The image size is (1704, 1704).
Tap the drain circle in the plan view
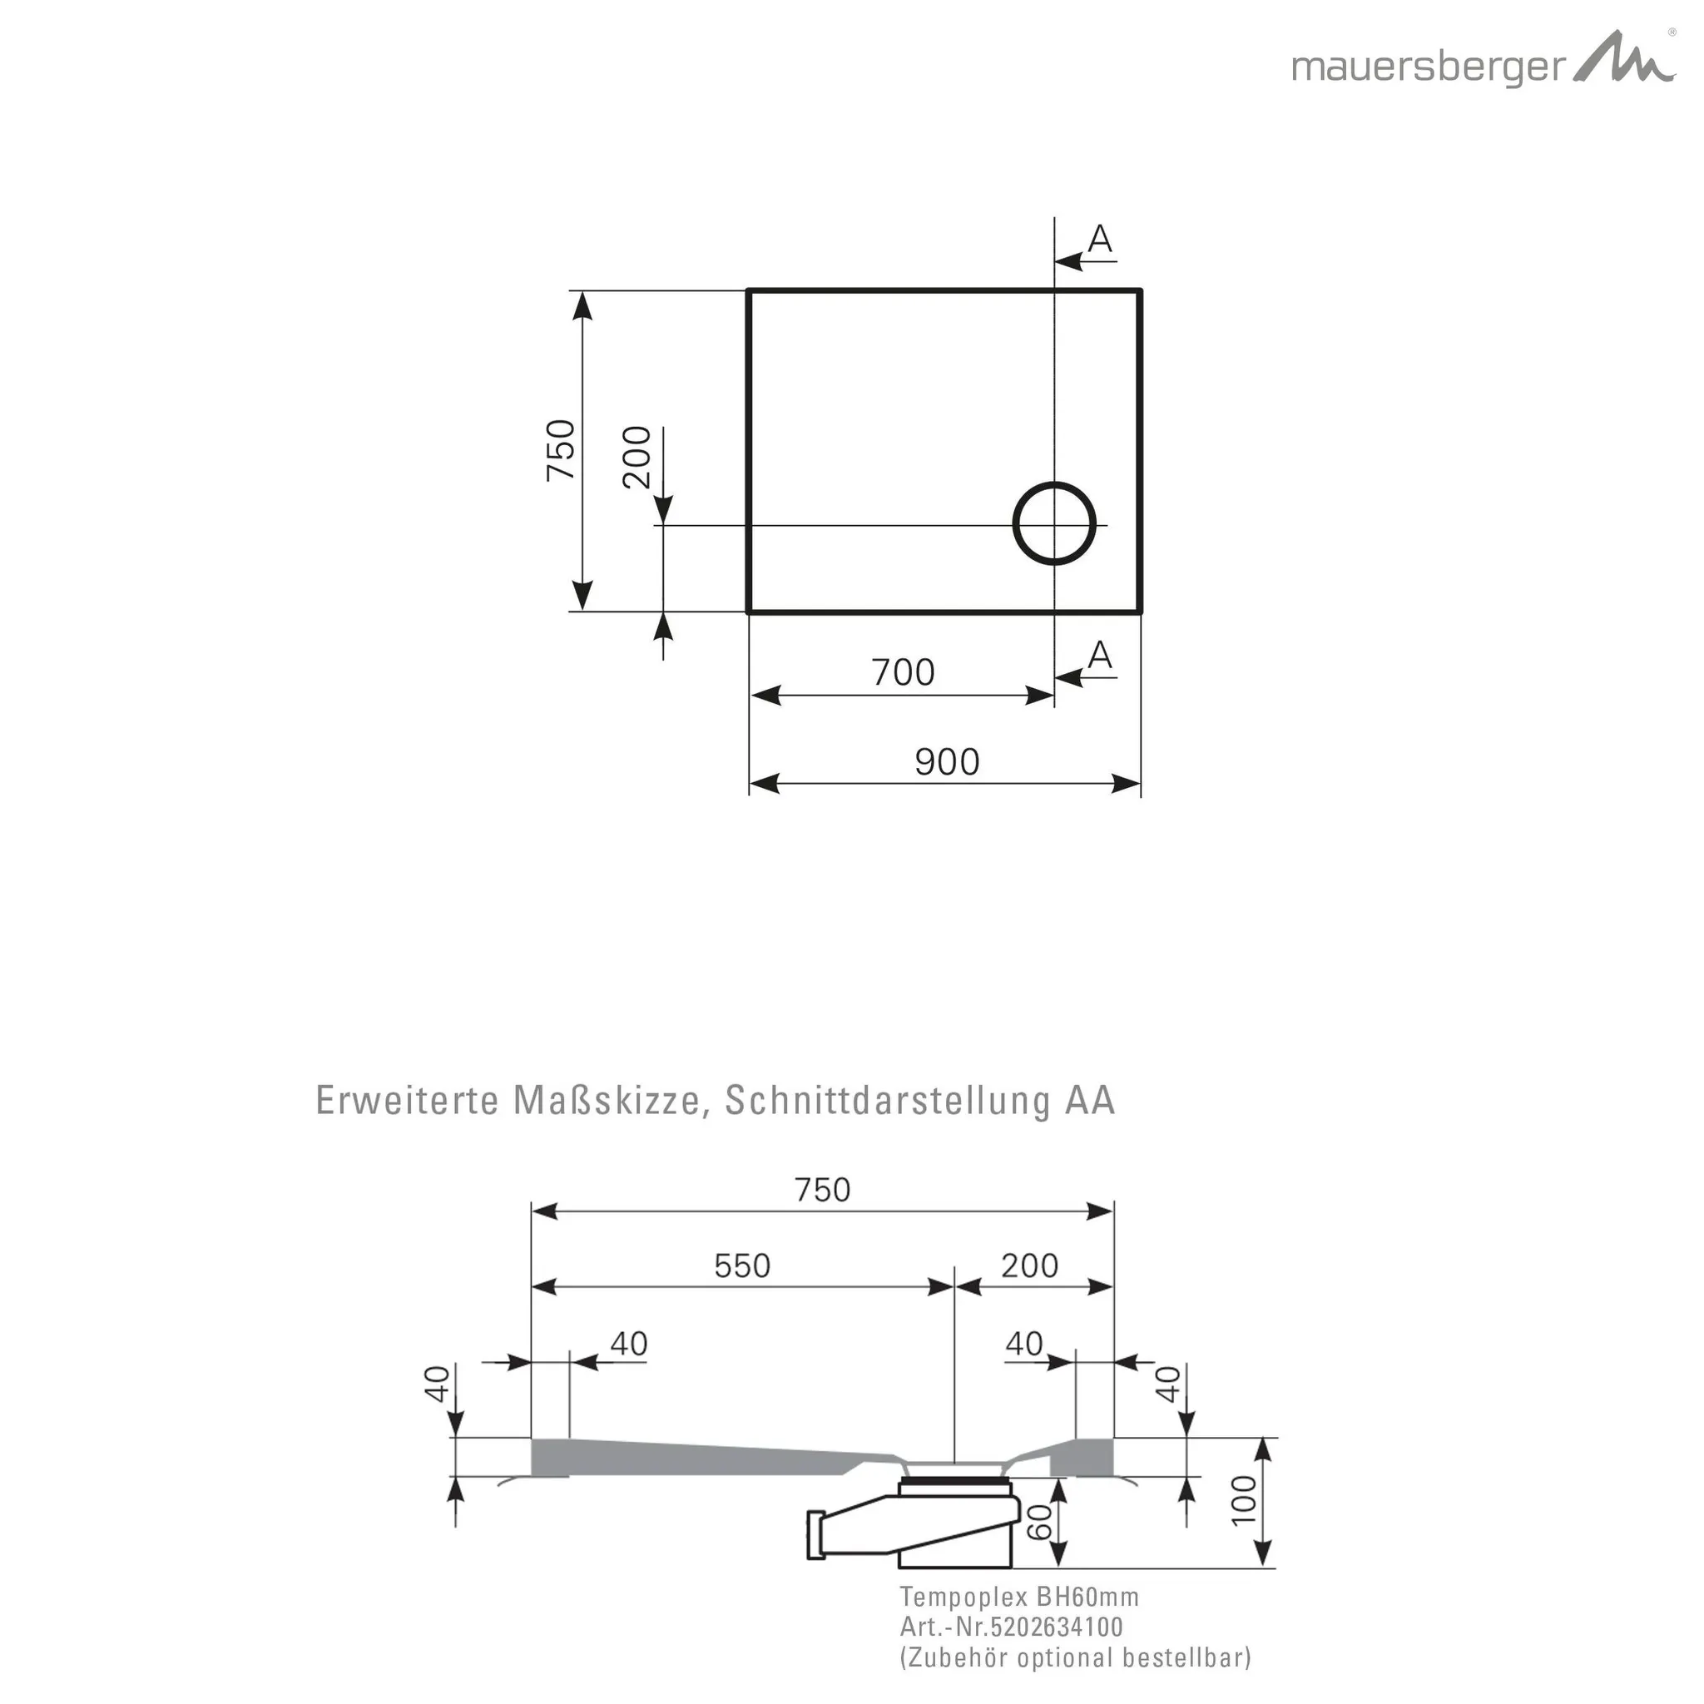coord(1054,523)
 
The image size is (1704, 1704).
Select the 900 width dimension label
coord(946,762)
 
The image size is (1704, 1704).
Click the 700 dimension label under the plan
coord(903,673)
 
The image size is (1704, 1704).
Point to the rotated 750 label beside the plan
coord(562,450)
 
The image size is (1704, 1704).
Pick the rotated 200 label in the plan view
coord(637,457)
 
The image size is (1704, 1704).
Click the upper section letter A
coord(1100,238)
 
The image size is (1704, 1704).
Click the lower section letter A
coord(1100,655)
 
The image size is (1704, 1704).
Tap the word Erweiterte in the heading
coord(408,1101)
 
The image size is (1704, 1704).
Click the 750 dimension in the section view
coord(822,1190)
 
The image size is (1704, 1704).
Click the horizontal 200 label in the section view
coord(1029,1266)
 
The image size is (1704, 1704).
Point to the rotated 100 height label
coord(1243,1498)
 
